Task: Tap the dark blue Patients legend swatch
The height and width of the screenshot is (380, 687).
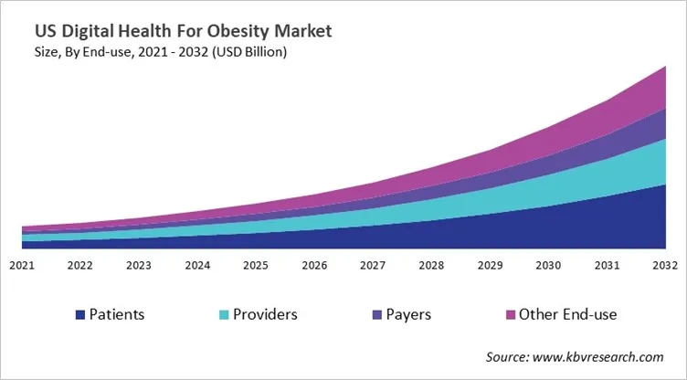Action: click(80, 315)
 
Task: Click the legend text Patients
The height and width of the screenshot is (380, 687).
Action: click(118, 315)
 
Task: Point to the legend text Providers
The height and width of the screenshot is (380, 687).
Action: click(264, 315)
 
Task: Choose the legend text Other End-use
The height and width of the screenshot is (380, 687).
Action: click(567, 315)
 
